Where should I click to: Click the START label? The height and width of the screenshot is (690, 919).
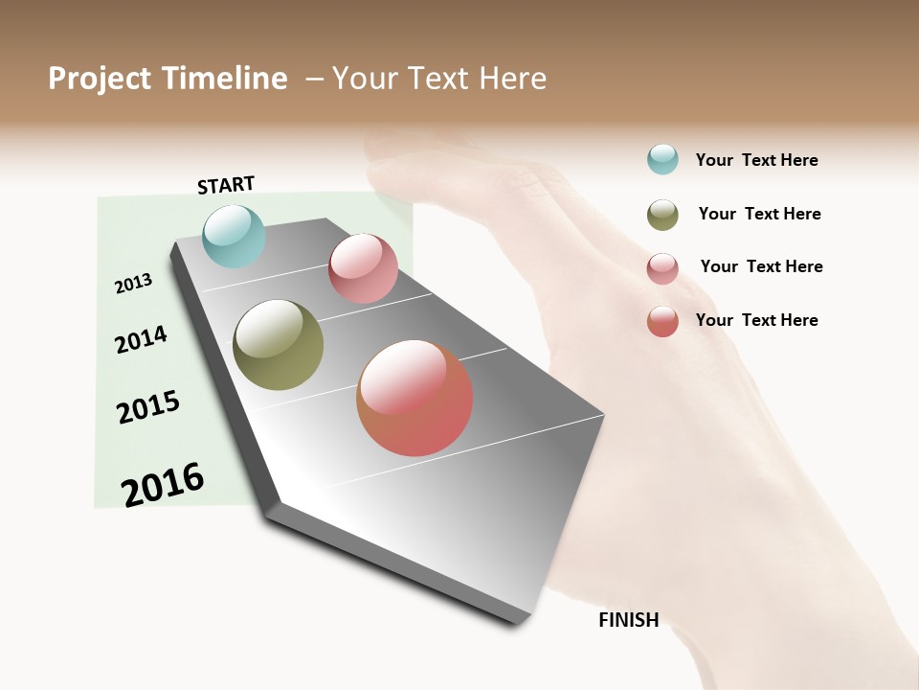click(226, 185)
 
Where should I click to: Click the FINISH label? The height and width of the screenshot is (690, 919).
click(628, 620)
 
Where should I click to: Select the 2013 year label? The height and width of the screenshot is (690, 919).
click(134, 283)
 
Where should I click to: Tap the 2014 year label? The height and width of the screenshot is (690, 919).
click(142, 339)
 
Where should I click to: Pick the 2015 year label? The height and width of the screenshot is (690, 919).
click(148, 407)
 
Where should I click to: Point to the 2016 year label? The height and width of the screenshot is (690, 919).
click(163, 485)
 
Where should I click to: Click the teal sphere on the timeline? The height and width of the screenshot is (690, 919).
click(234, 236)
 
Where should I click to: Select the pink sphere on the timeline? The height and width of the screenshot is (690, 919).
click(363, 268)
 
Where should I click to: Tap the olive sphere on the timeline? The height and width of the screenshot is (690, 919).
click(278, 345)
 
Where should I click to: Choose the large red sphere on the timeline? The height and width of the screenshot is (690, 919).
click(415, 398)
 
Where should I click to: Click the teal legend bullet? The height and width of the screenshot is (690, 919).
click(662, 159)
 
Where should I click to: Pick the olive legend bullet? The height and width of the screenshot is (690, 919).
click(662, 215)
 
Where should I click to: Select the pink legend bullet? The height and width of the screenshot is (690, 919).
click(662, 268)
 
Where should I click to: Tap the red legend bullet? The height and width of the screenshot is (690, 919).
click(662, 321)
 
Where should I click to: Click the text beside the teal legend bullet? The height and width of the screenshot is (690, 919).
click(756, 160)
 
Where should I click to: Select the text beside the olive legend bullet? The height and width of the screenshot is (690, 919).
click(759, 214)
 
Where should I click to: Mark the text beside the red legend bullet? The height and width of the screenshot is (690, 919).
click(756, 320)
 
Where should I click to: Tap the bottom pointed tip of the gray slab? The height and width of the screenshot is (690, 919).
click(518, 624)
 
